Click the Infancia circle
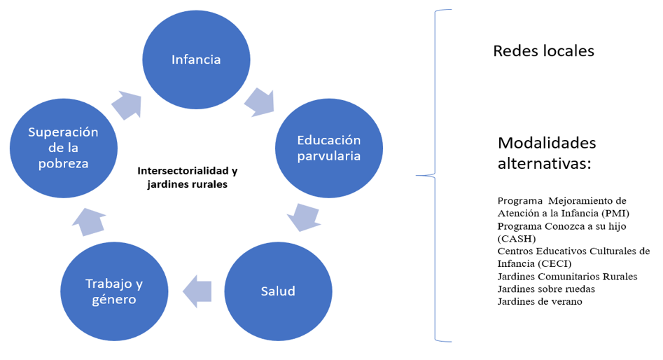coord(196,60)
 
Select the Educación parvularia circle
coord(329,148)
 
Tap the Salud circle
coord(277,291)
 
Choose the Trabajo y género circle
coord(114,291)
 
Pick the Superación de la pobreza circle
coord(64,147)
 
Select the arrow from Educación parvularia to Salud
coord(304,216)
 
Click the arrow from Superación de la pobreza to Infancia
coord(127,104)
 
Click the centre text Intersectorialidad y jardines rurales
coord(188,177)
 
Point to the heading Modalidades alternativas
coord(547,153)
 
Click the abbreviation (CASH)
coord(518,238)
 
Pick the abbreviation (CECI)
coord(554,263)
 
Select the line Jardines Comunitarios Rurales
coord(567,276)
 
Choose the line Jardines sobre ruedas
coord(546,289)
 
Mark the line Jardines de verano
coord(540,301)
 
